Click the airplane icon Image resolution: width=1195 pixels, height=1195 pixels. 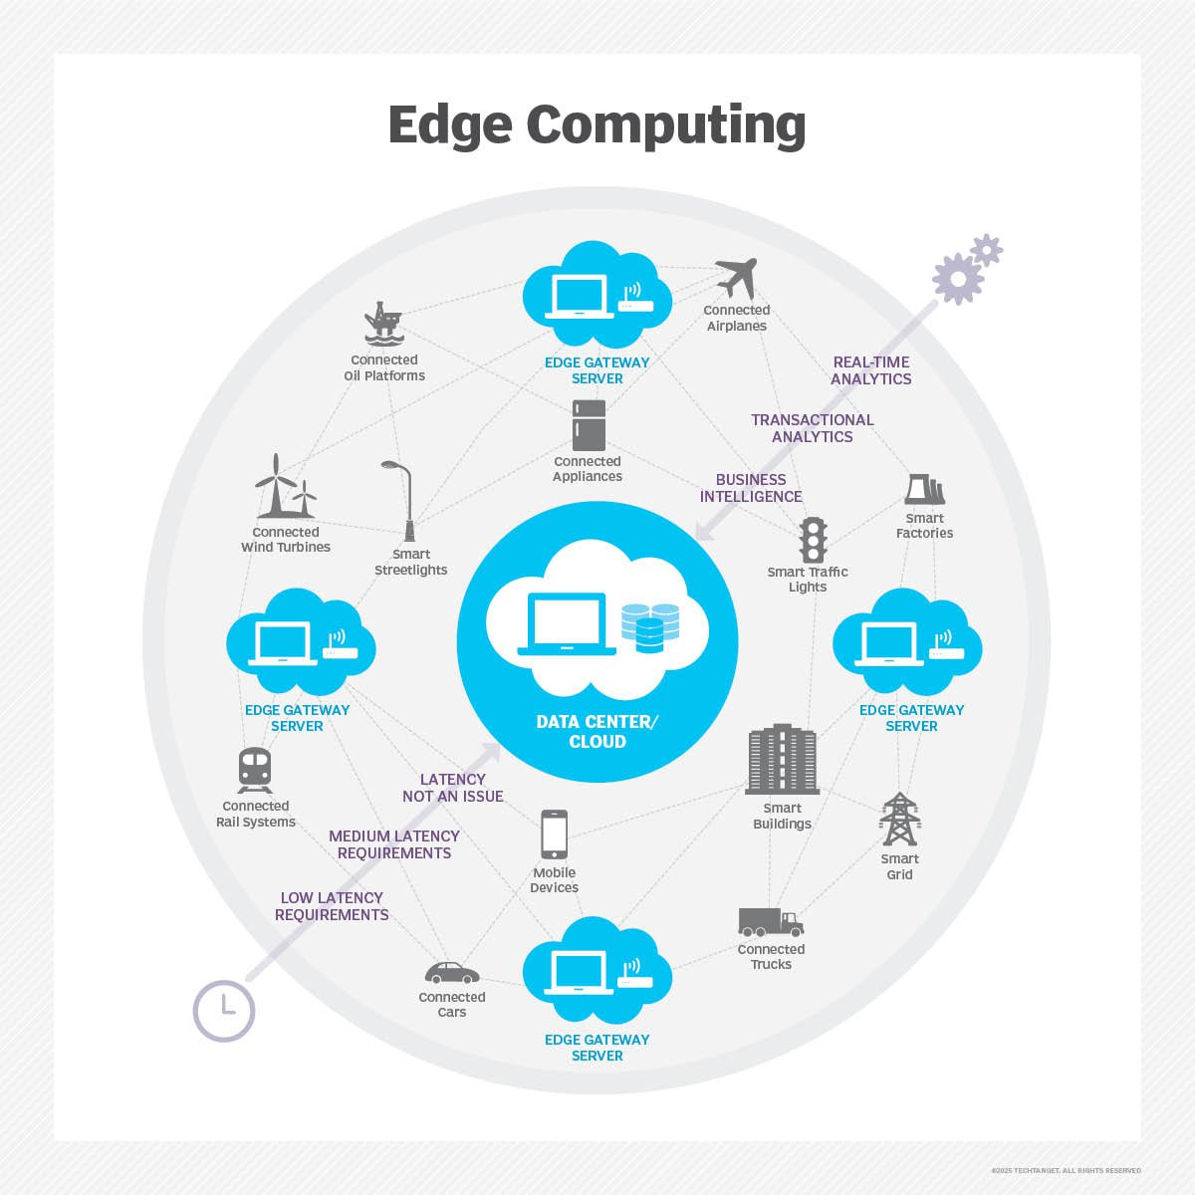(736, 277)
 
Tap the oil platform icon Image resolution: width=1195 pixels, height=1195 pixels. (383, 323)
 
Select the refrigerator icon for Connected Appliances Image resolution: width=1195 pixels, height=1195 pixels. (589, 425)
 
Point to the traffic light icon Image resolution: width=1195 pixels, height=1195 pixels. (813, 540)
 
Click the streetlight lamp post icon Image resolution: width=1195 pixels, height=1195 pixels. (401, 501)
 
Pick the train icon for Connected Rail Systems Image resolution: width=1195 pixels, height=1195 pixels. (255, 770)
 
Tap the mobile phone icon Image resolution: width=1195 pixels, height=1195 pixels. (554, 835)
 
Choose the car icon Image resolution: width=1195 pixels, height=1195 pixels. (452, 972)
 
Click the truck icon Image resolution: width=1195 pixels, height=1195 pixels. (771, 922)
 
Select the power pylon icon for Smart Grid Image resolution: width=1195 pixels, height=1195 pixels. (899, 820)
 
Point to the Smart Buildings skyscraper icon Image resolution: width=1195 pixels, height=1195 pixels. (782, 759)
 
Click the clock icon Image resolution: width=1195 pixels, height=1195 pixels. (224, 1011)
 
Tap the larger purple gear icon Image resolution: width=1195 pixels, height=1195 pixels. (958, 279)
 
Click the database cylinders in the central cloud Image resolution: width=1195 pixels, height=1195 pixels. (650, 627)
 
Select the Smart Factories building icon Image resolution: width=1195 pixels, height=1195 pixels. (924, 489)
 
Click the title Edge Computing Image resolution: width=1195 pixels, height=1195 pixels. (597, 125)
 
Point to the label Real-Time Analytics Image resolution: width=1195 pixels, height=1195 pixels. (870, 370)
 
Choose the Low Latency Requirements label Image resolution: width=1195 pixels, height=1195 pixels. (332, 906)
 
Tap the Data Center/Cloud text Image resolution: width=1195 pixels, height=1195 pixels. (597, 731)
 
